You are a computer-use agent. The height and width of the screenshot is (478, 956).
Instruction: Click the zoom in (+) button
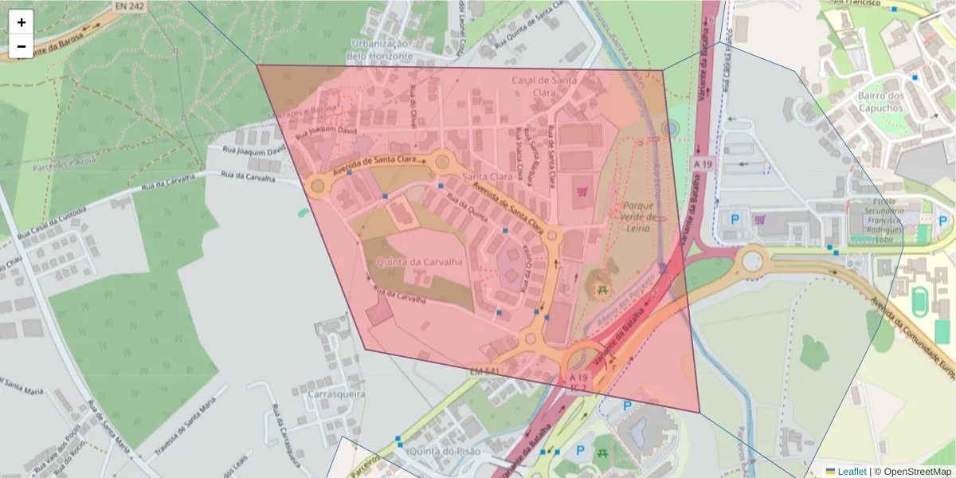[22, 22]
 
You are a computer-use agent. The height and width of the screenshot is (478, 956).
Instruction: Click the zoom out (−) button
[22, 46]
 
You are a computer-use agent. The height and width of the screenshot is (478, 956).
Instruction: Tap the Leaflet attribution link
[852, 472]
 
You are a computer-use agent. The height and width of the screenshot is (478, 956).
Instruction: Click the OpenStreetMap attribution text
[917, 472]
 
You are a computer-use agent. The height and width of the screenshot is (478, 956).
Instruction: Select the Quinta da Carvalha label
[411, 261]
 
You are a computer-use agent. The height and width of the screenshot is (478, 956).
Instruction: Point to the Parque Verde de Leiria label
[639, 217]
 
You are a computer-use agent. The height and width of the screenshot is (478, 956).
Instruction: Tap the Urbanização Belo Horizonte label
[380, 49]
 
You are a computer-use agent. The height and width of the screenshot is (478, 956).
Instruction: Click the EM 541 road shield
[483, 372]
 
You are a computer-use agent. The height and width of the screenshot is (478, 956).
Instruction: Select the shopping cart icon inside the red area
[582, 191]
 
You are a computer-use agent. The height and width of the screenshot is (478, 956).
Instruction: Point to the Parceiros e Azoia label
[65, 164]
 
